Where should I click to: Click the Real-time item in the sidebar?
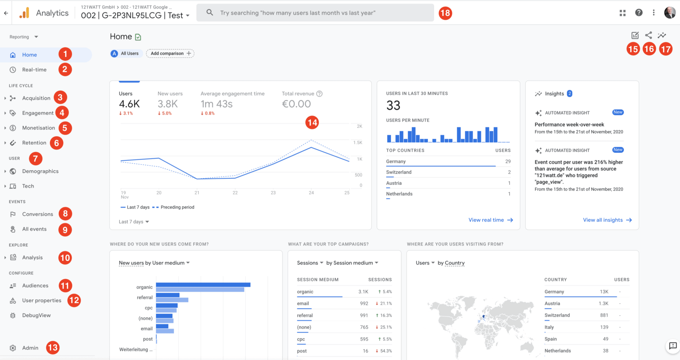[x=34, y=70]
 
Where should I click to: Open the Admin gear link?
[x=30, y=348]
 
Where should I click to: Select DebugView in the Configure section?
[x=36, y=315]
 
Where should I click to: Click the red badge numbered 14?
[x=312, y=123]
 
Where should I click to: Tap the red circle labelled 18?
[x=445, y=13]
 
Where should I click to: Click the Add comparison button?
[x=170, y=53]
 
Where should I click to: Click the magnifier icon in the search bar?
[x=210, y=13]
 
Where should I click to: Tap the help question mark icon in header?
[x=639, y=13]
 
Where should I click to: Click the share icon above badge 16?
[x=648, y=35]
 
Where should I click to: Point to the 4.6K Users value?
[x=129, y=104]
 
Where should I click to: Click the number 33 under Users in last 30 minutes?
[x=393, y=106]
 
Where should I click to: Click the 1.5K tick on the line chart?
[x=358, y=143]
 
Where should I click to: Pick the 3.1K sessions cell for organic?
[x=363, y=292]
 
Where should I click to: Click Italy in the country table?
[x=549, y=327]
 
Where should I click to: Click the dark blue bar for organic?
[x=203, y=285]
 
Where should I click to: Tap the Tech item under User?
[x=28, y=186]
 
